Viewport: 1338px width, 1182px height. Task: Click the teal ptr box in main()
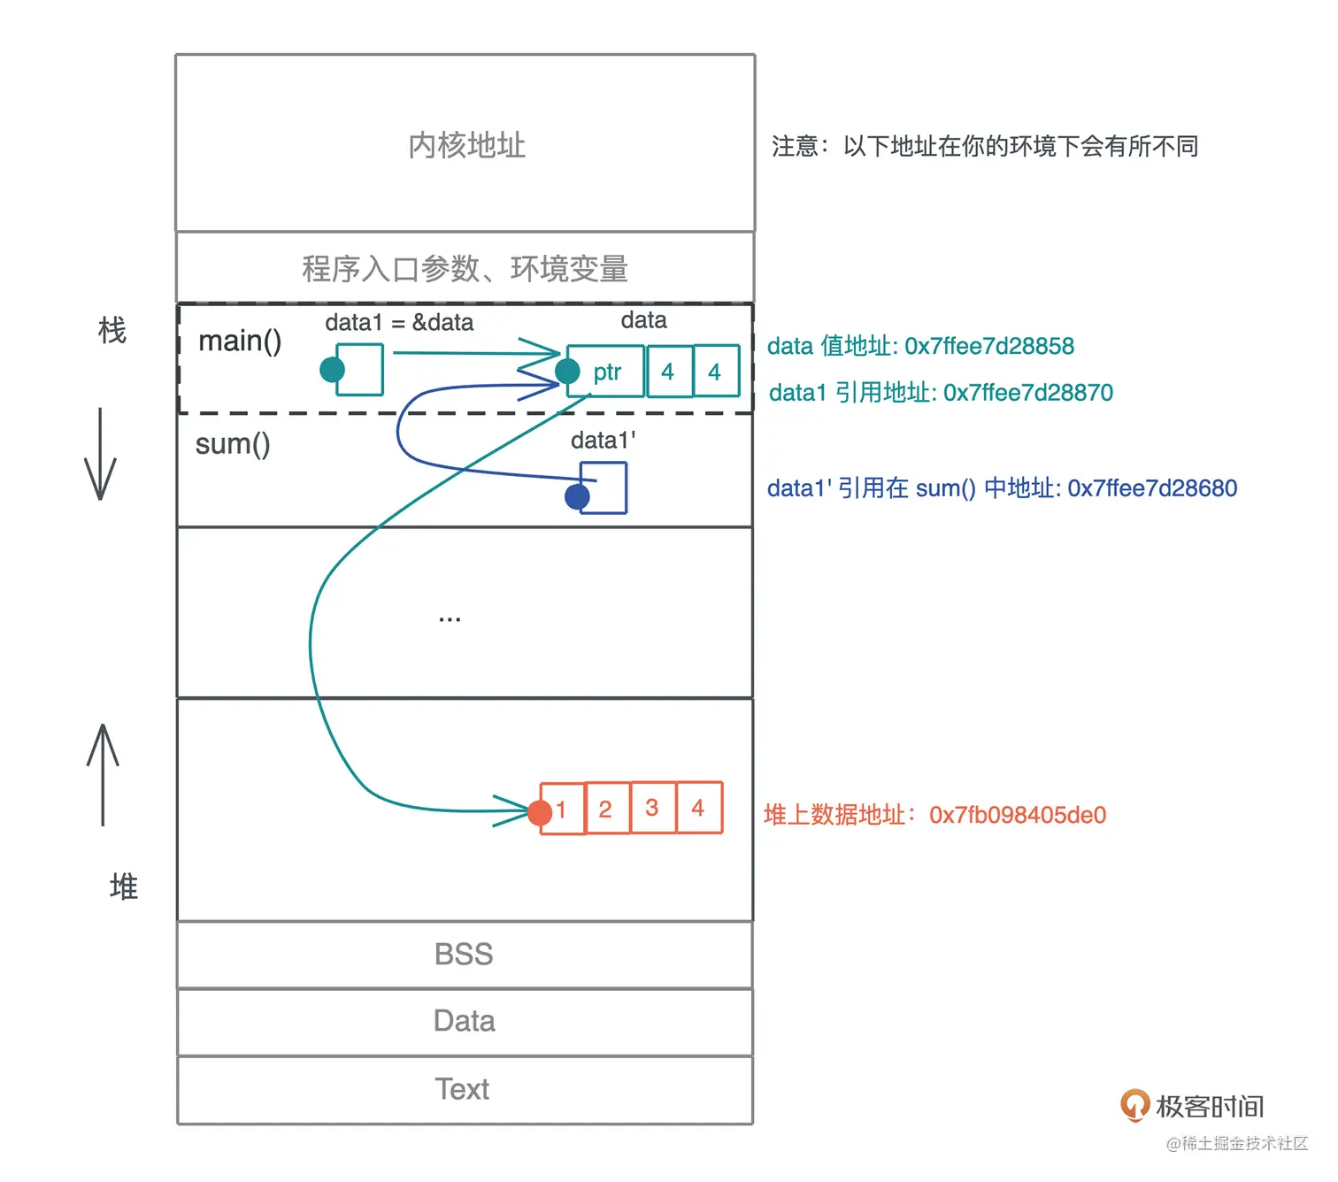pyautogui.click(x=607, y=372)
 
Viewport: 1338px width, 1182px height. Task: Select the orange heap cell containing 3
pyautogui.click(x=652, y=808)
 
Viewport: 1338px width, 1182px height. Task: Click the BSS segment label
pyautogui.click(x=464, y=955)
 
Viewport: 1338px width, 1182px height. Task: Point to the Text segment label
pyautogui.click(x=462, y=1089)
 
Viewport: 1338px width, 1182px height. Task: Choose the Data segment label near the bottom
pyautogui.click(x=464, y=1021)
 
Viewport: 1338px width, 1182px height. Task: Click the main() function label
pyautogui.click(x=240, y=341)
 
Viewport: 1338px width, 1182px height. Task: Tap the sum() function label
pyautogui.click(x=233, y=443)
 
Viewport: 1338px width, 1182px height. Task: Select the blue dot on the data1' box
pyautogui.click(x=577, y=496)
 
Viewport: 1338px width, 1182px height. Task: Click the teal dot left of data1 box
pyautogui.click(x=332, y=369)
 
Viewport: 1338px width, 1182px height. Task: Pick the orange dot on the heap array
pyautogui.click(x=540, y=812)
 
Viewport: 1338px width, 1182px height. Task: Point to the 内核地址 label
pyautogui.click(x=466, y=145)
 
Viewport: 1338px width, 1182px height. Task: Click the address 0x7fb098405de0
pyautogui.click(x=1018, y=815)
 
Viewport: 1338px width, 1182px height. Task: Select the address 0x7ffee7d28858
pyautogui.click(x=989, y=346)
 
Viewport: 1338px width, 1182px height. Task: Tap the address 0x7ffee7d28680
pyautogui.click(x=1152, y=488)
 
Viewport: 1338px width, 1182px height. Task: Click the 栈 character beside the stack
pyautogui.click(x=112, y=331)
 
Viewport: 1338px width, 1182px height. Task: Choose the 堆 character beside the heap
pyautogui.click(x=124, y=886)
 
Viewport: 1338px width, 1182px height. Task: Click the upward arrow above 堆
pyautogui.click(x=103, y=774)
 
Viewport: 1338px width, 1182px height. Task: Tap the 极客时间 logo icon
pyautogui.click(x=1134, y=1105)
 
